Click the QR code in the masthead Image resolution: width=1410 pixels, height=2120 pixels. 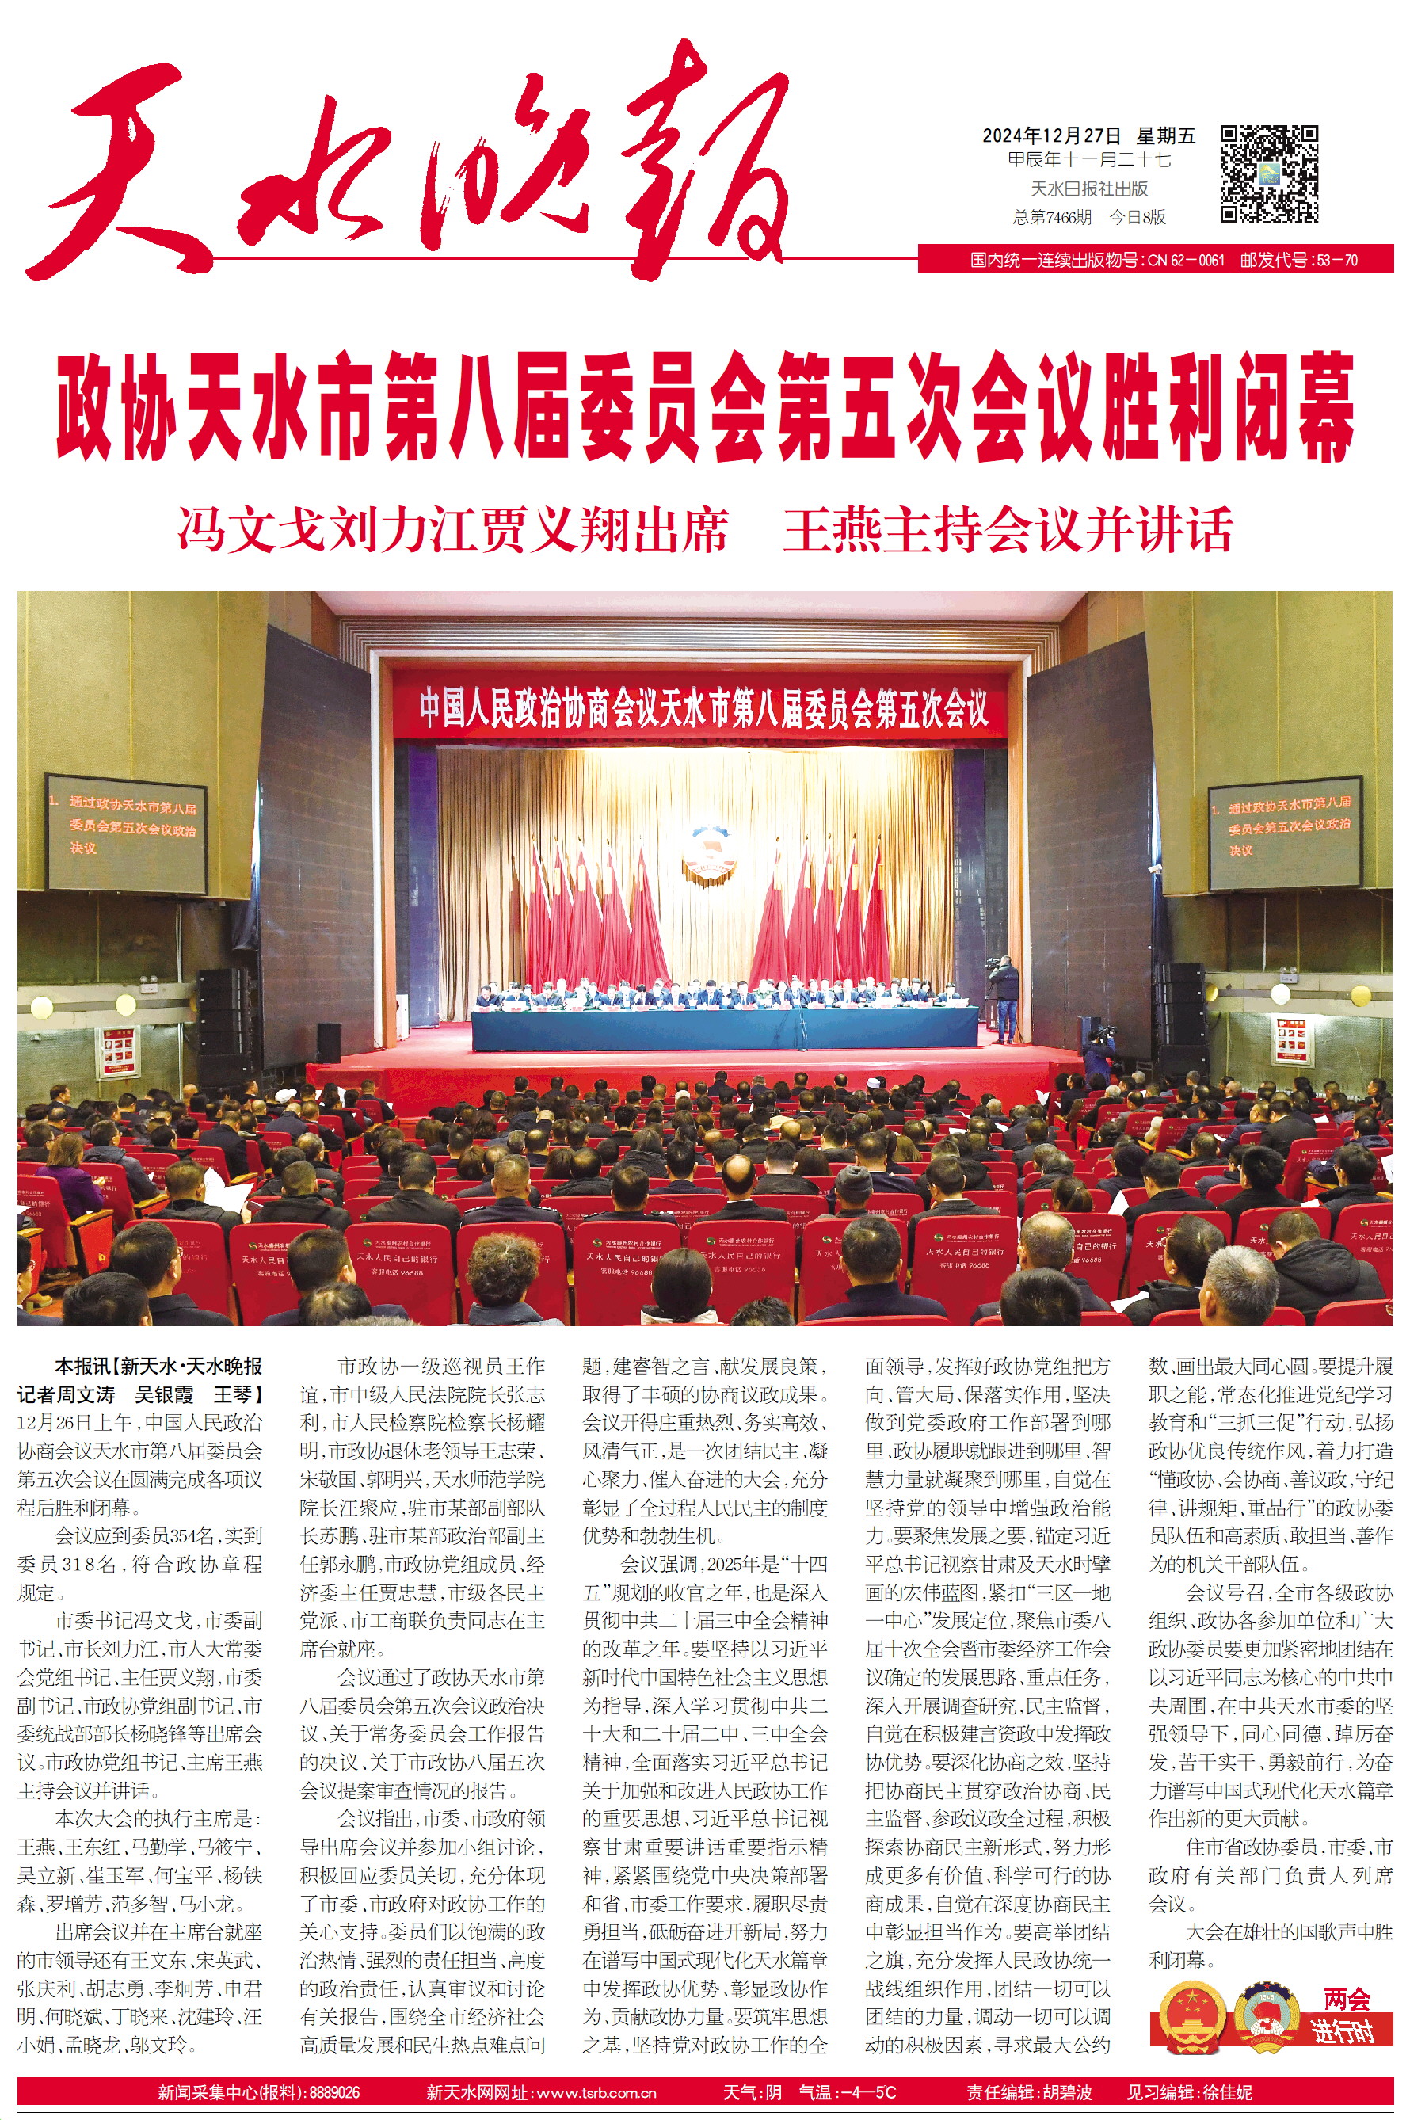[1269, 174]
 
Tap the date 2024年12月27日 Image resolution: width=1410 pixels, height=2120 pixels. [1051, 136]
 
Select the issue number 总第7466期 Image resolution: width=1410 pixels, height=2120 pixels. [1052, 217]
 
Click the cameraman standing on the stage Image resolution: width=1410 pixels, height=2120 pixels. [1003, 994]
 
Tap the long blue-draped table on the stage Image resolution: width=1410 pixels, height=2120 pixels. [724, 1026]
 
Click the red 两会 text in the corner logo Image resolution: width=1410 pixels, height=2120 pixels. [1346, 1999]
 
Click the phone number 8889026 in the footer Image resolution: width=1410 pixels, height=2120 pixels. [333, 2092]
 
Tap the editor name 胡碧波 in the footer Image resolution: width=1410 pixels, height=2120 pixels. [1066, 2092]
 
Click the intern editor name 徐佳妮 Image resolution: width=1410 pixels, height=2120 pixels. [1226, 2092]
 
